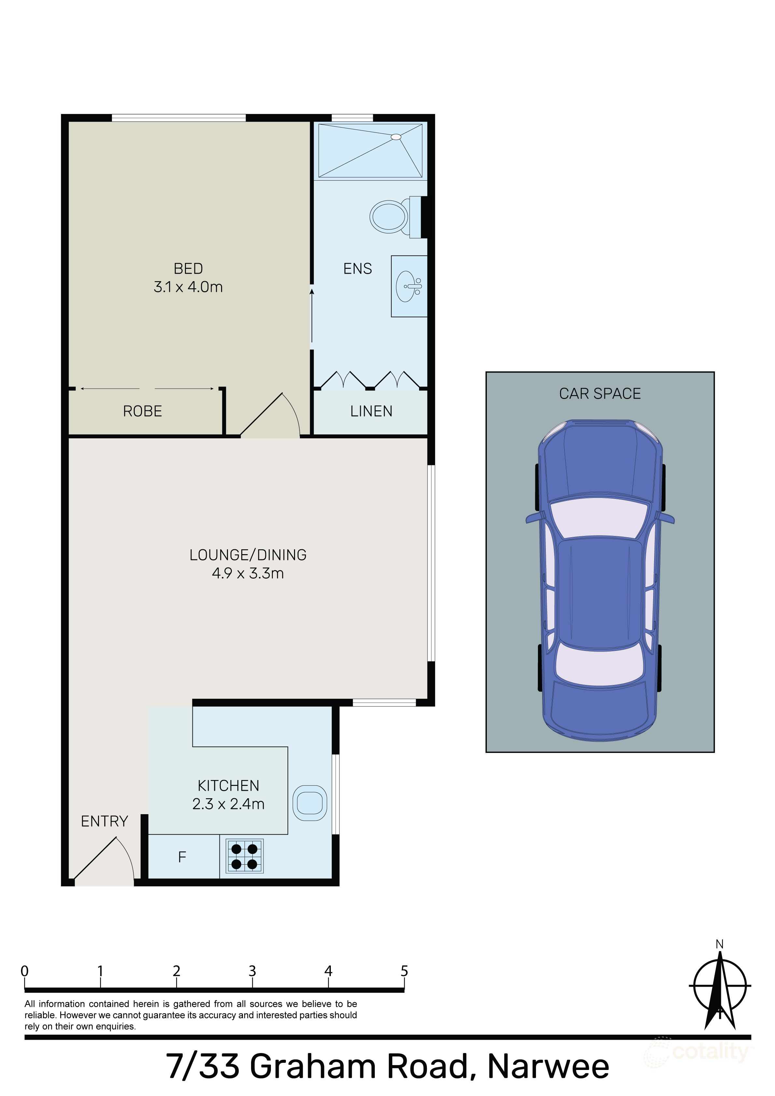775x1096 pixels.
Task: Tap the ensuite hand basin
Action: [409, 286]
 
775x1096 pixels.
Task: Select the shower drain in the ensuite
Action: [396, 137]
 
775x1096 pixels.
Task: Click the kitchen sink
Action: [310, 802]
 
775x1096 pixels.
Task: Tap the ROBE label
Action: [142, 411]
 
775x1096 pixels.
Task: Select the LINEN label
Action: [371, 411]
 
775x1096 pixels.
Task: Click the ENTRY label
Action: [105, 821]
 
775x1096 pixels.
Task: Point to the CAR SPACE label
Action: [600, 393]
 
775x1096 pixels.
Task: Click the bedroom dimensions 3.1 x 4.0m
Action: [188, 287]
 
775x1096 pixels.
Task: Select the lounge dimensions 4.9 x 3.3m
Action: [248, 573]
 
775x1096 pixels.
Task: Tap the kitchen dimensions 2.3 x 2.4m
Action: [228, 804]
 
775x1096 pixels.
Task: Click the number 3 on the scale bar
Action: [252, 971]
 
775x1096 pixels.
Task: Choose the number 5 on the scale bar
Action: [404, 971]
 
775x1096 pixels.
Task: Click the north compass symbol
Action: [720, 987]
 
